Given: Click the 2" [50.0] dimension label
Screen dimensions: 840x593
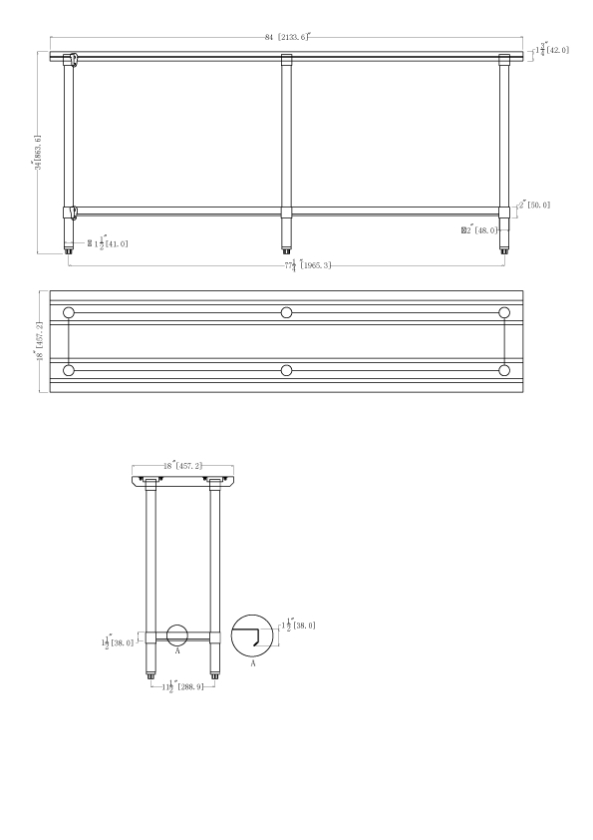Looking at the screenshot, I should (x=533, y=205).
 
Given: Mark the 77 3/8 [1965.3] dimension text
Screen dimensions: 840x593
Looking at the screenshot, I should (x=307, y=265).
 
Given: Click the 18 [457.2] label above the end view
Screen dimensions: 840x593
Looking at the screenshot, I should (x=182, y=465).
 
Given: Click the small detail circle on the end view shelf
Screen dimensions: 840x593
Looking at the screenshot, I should (x=177, y=635).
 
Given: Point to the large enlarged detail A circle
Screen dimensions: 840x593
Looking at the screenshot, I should (x=252, y=636).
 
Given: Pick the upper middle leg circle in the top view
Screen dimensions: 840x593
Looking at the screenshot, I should (x=286, y=313).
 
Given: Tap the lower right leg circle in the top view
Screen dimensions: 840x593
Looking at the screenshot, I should (x=504, y=370).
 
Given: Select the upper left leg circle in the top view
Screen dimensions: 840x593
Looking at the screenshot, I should (x=68, y=313).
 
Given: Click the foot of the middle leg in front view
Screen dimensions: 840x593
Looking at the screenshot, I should (x=286, y=246).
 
